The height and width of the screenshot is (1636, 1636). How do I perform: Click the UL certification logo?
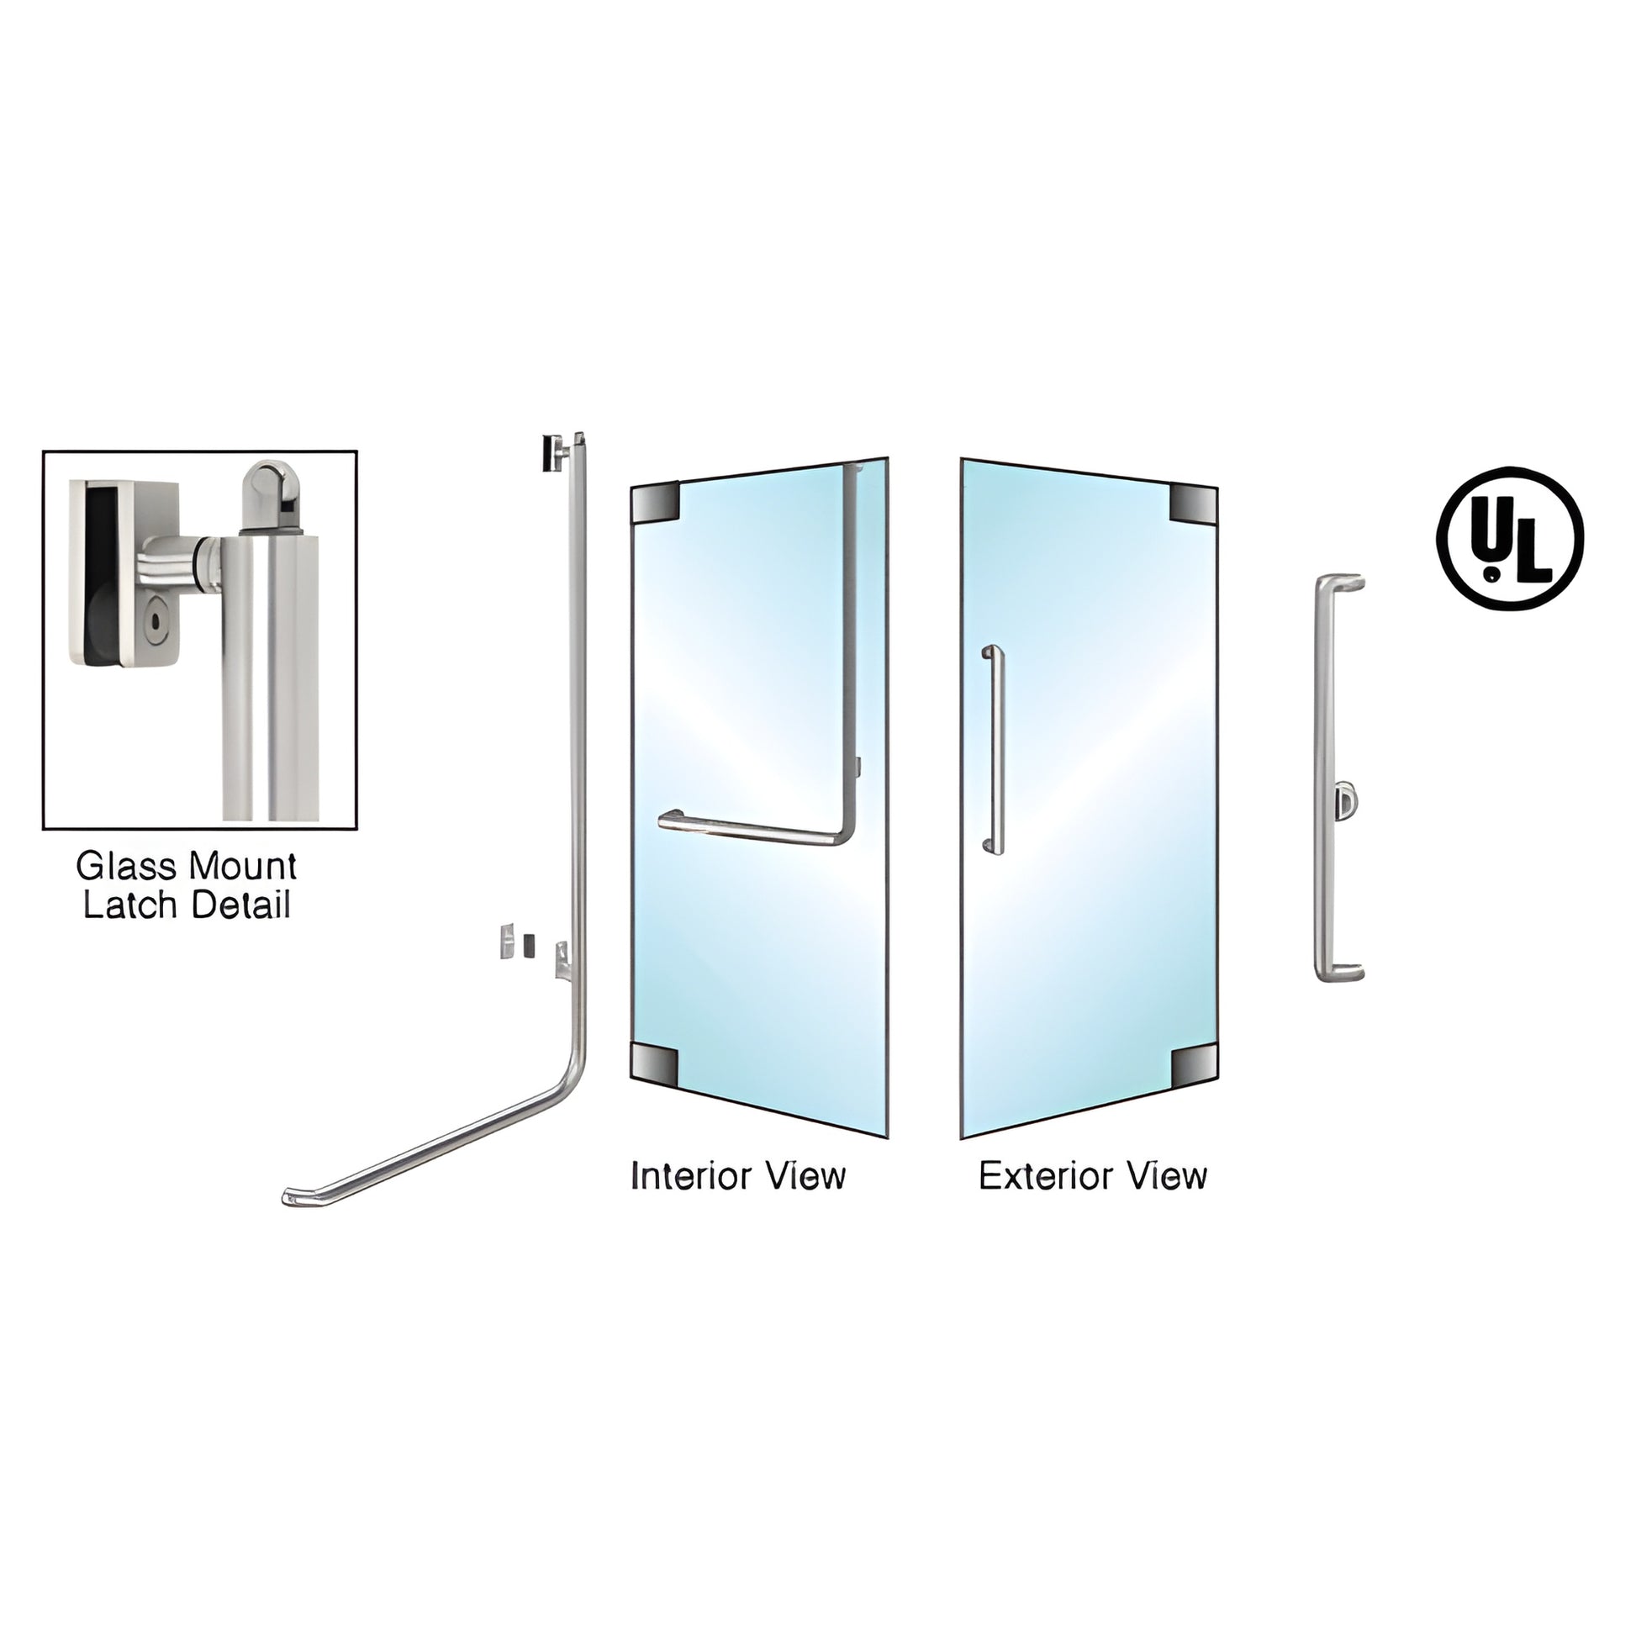[x=1510, y=538]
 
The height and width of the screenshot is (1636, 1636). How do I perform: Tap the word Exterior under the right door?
[x=1045, y=1177]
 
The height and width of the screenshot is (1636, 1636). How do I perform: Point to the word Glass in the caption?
[x=126, y=866]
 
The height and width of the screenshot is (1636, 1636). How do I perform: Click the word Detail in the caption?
[x=240, y=905]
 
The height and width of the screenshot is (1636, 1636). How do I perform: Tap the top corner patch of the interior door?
[x=656, y=502]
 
